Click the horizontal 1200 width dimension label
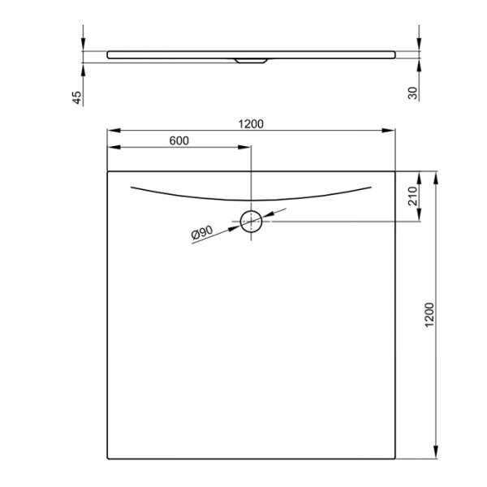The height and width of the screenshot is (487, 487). click(x=252, y=123)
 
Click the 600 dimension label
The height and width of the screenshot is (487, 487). click(x=179, y=140)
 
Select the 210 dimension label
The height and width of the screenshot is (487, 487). click(x=412, y=196)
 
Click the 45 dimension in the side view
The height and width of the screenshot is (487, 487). click(x=77, y=97)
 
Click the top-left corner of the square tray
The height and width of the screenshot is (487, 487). click(x=108, y=171)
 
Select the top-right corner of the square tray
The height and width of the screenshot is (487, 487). click(x=395, y=171)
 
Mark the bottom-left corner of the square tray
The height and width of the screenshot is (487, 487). click(x=108, y=459)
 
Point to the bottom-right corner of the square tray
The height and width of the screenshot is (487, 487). click(x=395, y=459)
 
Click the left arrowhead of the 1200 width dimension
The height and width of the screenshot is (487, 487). click(x=112, y=131)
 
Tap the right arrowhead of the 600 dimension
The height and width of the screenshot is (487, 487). click(x=248, y=148)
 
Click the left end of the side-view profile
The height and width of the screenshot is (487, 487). click(x=109, y=54)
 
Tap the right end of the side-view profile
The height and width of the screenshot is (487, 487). click(x=395, y=54)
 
